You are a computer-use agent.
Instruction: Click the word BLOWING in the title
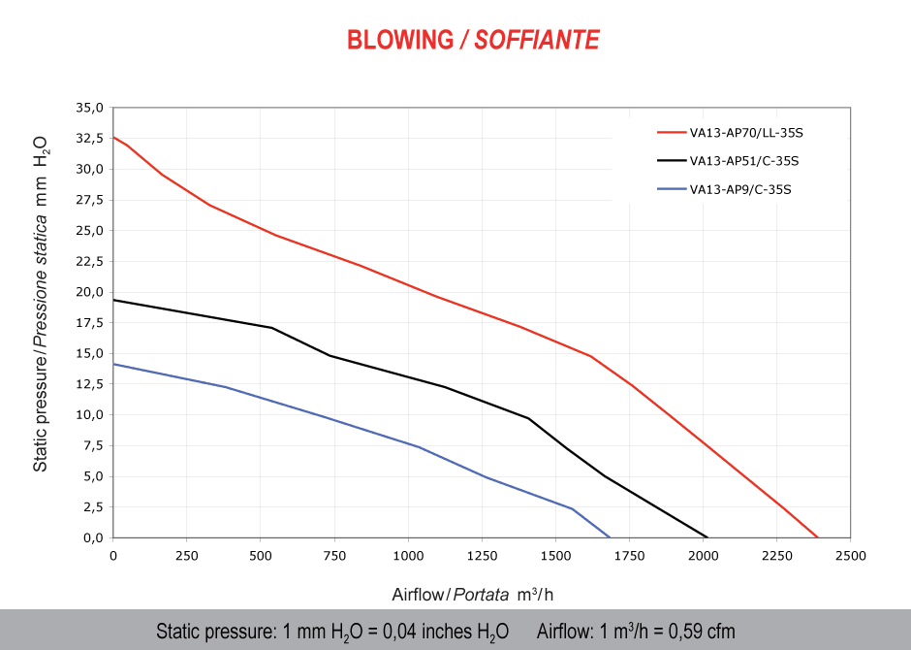[x=399, y=40]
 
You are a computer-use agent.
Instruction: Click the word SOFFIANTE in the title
[x=537, y=40]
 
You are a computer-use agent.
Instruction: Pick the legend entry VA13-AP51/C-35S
[x=743, y=160]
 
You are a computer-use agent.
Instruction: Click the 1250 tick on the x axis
[x=482, y=556]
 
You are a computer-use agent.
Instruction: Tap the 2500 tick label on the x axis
[x=850, y=556]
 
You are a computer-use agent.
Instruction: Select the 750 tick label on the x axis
[x=334, y=556]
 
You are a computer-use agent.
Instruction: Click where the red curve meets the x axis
[x=818, y=537]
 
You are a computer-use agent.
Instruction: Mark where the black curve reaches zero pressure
[x=707, y=537]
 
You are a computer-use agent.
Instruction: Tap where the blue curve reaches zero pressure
[x=610, y=537]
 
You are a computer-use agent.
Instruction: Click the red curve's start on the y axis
[x=114, y=137]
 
